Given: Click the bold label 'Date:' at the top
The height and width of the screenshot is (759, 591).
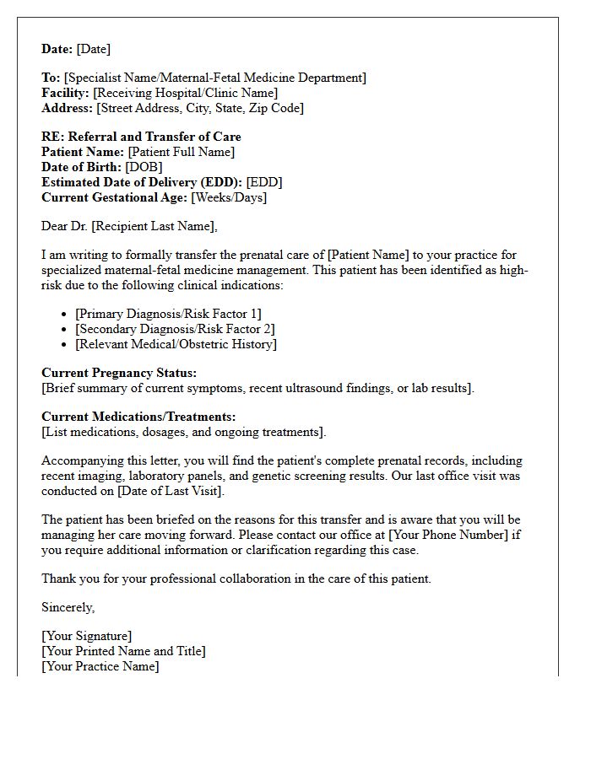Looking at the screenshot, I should [57, 49].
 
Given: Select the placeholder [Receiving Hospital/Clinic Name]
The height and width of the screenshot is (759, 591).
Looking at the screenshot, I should [185, 93].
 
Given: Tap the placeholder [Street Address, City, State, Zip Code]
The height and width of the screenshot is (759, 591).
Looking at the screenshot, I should [200, 108].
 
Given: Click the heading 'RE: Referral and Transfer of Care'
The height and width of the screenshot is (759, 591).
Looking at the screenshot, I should [141, 137].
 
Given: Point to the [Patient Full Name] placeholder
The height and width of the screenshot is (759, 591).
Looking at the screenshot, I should [181, 152].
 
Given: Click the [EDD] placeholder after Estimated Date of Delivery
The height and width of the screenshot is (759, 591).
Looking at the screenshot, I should [264, 182].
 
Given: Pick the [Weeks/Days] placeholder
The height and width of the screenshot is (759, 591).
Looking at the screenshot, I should [229, 197].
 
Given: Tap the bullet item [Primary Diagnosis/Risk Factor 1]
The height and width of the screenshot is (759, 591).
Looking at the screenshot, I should [168, 314].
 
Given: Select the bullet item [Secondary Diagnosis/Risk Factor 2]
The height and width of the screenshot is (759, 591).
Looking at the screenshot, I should [175, 329].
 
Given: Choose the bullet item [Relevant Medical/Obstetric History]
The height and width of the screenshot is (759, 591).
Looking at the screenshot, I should [176, 344].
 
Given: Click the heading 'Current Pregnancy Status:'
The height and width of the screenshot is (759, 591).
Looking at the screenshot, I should [119, 372].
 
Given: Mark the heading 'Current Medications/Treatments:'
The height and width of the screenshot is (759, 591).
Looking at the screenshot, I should [138, 417].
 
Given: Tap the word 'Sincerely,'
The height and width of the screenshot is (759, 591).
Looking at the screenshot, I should [68, 607].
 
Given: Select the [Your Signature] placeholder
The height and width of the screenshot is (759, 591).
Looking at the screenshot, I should [87, 636].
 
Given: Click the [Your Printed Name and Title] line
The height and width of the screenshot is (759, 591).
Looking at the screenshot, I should [123, 651].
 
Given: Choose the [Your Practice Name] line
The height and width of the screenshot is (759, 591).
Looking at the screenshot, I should [100, 666].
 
